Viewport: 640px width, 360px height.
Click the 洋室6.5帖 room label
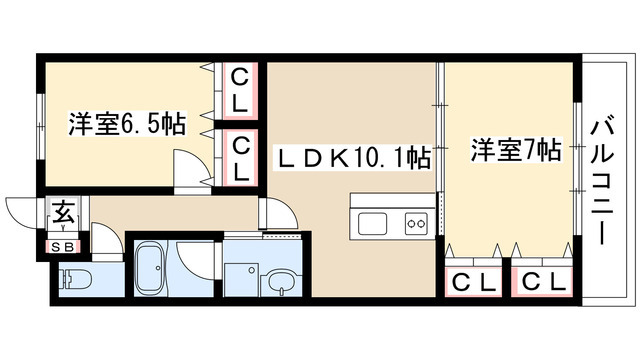127,125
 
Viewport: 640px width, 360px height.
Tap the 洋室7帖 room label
515,151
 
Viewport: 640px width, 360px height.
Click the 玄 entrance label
63,212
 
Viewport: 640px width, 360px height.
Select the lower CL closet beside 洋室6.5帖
241,157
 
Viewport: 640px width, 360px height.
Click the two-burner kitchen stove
415,223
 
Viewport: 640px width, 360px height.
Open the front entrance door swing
22,213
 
